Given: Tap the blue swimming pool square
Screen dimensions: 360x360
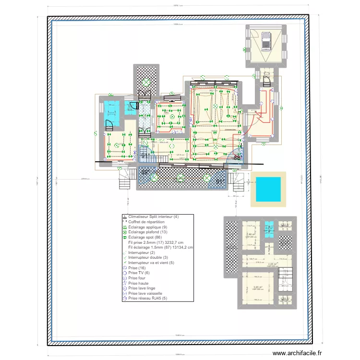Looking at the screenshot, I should tap(269, 189).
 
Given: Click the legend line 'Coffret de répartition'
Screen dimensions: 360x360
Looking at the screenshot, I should tap(146, 222).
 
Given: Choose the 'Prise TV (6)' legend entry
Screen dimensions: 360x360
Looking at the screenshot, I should tap(139, 273).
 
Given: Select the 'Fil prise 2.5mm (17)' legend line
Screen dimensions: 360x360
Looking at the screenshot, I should tap(158, 242).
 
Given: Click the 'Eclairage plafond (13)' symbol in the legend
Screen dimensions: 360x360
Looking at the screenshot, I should tap(124, 232).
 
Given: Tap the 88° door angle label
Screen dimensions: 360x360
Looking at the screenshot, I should tap(237, 157).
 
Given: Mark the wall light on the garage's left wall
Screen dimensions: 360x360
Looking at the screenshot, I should tap(244, 49).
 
